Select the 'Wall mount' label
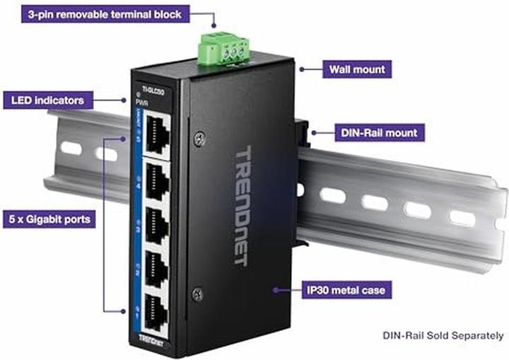point(358,69)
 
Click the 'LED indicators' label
point(47,100)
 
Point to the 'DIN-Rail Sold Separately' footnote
point(443,335)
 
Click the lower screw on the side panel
point(198,291)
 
